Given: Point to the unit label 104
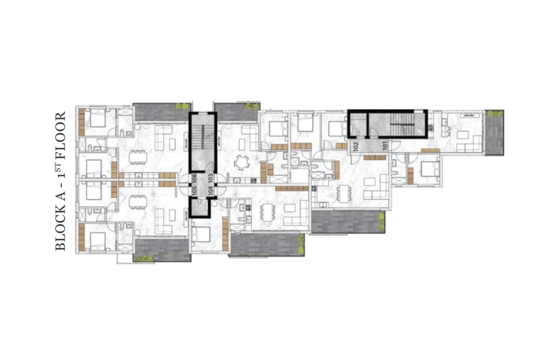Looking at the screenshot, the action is click(211, 191).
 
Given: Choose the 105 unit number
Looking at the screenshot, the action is click(194, 191).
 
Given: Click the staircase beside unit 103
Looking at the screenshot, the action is click(203, 143).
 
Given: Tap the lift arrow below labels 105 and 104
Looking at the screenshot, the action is click(199, 202).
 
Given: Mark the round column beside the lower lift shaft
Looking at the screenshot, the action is click(214, 204).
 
